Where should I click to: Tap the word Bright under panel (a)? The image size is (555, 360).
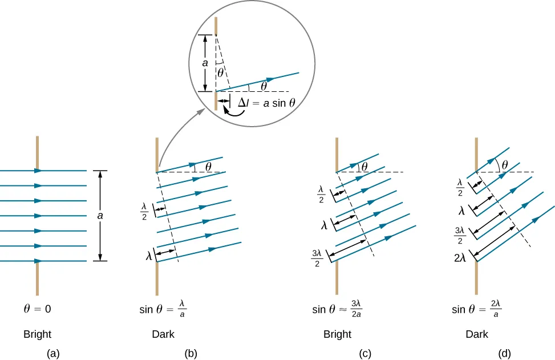tap(37, 334)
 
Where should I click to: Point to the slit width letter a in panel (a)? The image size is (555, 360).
tap(100, 216)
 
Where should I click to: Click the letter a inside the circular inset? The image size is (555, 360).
tap(205, 63)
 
